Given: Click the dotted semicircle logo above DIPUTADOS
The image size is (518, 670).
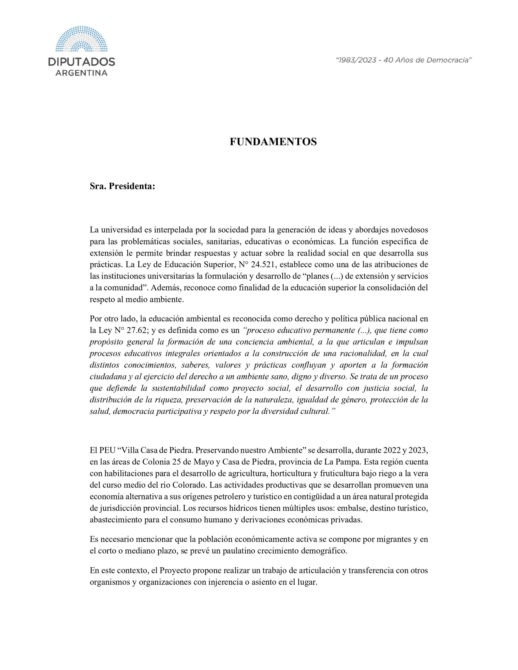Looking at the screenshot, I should pos(81,39).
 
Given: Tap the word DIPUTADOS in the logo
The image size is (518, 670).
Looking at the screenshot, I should pos(81,62).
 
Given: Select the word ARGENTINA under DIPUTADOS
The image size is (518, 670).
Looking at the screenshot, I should pos(81,73).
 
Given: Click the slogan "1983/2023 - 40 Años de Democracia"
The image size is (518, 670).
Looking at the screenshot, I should pos(404,60).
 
